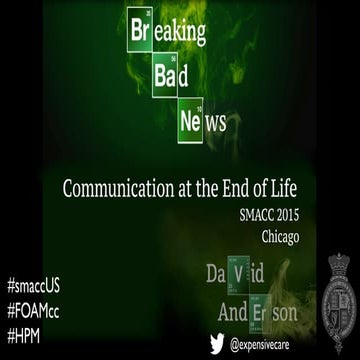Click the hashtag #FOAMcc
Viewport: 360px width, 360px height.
click(37, 283)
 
